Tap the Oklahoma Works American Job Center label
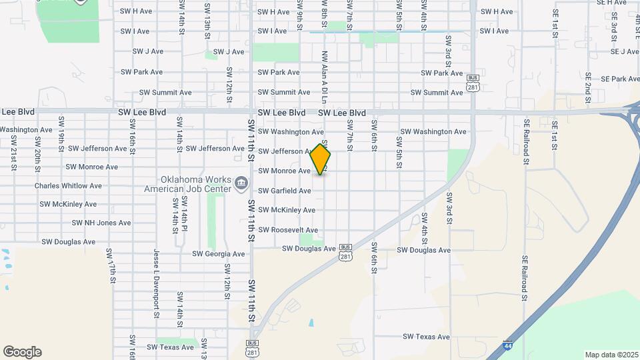(x=187, y=185)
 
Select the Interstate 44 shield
(x=509, y=346)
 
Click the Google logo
(x=22, y=352)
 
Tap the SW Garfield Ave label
(x=285, y=191)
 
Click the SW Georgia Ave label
(x=219, y=254)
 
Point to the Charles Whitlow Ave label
(x=68, y=186)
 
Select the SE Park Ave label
(x=620, y=79)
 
